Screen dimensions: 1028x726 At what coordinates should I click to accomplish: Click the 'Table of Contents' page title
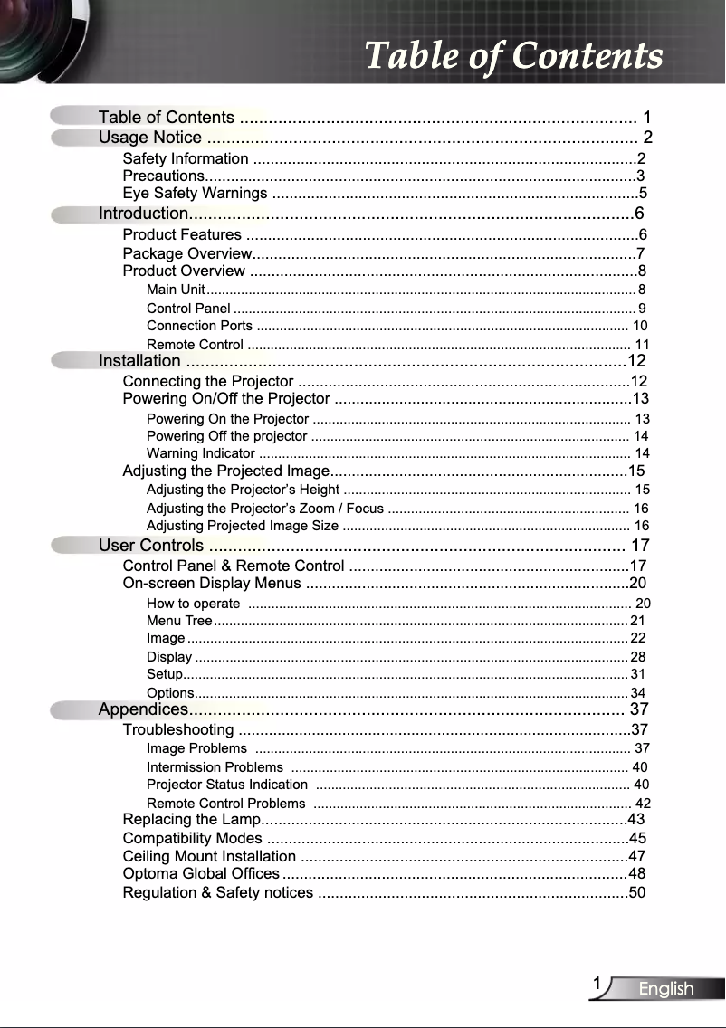(513, 56)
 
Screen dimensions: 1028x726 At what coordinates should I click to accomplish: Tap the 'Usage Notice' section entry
(150, 138)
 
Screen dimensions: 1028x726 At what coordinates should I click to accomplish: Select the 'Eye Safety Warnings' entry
(195, 194)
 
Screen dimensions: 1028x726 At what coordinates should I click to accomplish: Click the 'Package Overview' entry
(186, 253)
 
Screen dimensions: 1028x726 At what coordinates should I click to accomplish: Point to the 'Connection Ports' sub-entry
(199, 326)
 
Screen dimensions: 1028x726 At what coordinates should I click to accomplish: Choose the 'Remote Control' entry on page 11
(195, 345)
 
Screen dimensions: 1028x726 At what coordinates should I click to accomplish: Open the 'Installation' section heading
(139, 362)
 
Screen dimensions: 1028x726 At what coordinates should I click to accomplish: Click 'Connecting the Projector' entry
(207, 381)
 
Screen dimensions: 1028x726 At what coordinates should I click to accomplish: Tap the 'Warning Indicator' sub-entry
(200, 453)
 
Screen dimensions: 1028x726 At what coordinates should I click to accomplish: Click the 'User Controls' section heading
(151, 546)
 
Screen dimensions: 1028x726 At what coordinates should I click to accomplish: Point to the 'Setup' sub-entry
(164, 674)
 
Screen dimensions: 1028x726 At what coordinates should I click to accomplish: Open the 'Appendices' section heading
(143, 709)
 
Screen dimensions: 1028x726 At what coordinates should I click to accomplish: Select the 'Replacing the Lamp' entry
(192, 820)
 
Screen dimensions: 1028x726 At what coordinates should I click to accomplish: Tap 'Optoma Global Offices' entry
(201, 874)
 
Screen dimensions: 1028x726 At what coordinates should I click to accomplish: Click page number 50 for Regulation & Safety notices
(637, 893)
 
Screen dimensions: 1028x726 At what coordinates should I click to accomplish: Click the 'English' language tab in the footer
(666, 989)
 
